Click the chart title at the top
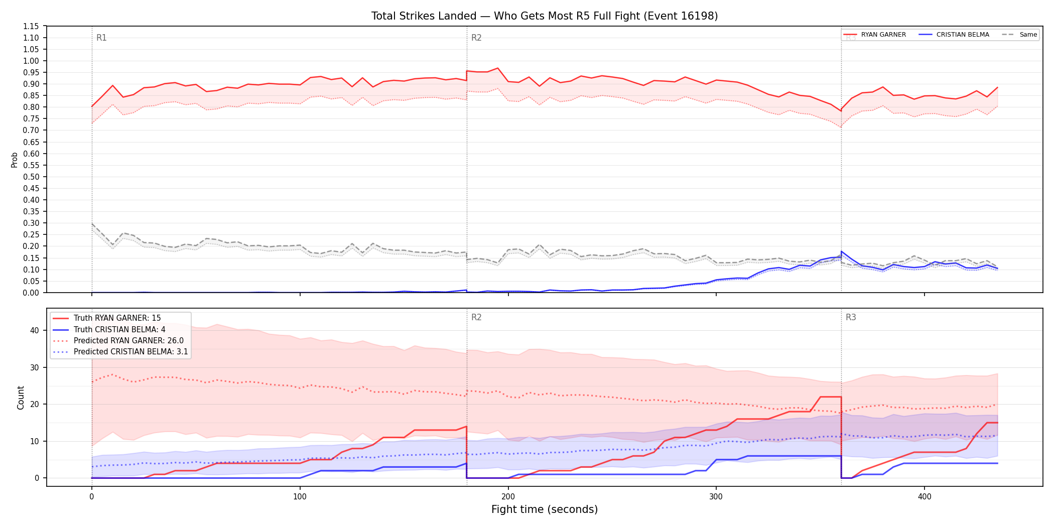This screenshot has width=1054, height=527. tap(545, 16)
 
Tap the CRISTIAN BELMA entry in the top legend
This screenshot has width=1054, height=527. tap(954, 35)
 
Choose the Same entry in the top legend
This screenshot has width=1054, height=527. tap(1019, 35)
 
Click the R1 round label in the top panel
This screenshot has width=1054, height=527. tap(101, 38)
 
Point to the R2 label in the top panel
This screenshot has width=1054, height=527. tap(476, 38)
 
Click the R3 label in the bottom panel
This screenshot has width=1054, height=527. tap(851, 317)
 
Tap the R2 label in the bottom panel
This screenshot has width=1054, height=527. tap(476, 317)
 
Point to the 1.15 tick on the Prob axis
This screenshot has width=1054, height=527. tap(31, 26)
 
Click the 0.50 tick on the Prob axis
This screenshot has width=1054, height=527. tap(31, 177)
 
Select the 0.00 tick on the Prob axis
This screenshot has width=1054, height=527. tap(31, 293)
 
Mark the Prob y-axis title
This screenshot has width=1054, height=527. tap(15, 160)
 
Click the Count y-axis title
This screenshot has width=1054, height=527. tap(21, 398)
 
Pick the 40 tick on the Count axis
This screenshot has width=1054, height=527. tap(35, 330)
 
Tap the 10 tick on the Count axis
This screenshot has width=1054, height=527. tap(35, 441)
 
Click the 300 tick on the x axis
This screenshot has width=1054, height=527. tap(716, 497)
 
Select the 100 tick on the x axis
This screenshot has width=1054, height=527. tap(300, 497)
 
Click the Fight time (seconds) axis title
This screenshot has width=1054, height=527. tap(545, 509)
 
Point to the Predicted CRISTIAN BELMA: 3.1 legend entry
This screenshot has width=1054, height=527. tap(120, 352)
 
